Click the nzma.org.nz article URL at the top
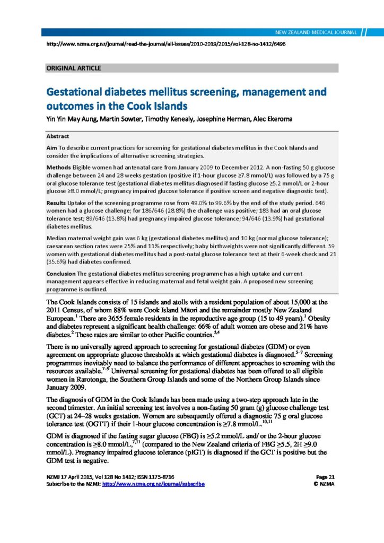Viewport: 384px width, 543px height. coord(167,44)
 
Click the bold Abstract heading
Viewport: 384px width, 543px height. coord(58,136)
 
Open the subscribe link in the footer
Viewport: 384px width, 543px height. coord(153,484)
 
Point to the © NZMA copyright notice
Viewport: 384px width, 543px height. coord(323,484)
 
